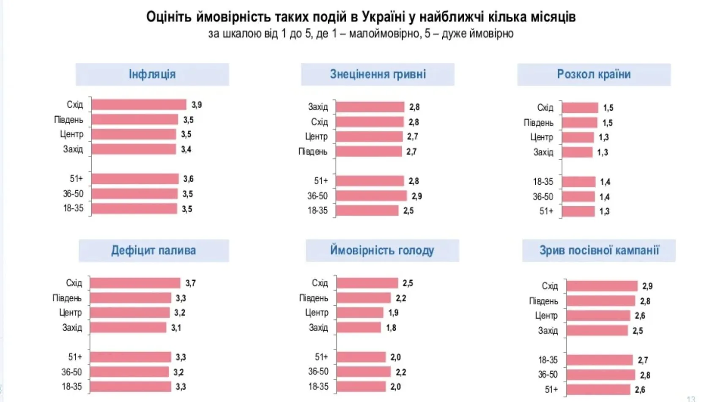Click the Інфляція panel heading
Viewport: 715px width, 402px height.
click(x=152, y=74)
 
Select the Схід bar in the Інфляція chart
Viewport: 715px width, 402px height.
click(x=139, y=104)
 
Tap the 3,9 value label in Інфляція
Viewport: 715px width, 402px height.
click(x=197, y=105)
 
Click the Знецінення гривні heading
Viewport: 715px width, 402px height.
click(x=378, y=74)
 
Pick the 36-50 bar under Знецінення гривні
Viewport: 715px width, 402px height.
click(x=371, y=196)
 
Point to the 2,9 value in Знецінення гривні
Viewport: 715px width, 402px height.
click(x=416, y=196)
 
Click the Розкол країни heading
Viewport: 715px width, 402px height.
click(x=594, y=74)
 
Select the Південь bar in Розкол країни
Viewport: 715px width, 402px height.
click(x=579, y=123)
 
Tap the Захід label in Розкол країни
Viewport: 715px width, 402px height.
click(x=543, y=152)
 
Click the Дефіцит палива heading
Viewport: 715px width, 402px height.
click(x=153, y=250)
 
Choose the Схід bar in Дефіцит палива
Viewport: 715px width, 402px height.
click(x=135, y=283)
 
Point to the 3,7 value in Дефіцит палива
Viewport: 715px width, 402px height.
click(x=191, y=283)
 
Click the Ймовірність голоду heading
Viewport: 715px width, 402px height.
click(x=382, y=250)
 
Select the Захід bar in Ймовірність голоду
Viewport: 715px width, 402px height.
click(x=359, y=328)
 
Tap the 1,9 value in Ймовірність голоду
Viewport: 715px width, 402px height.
click(x=393, y=313)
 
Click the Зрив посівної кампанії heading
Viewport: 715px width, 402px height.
click(x=599, y=250)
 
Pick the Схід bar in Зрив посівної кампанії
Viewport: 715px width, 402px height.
click(x=602, y=286)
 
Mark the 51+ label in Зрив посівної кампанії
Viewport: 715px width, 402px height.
click(x=551, y=389)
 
